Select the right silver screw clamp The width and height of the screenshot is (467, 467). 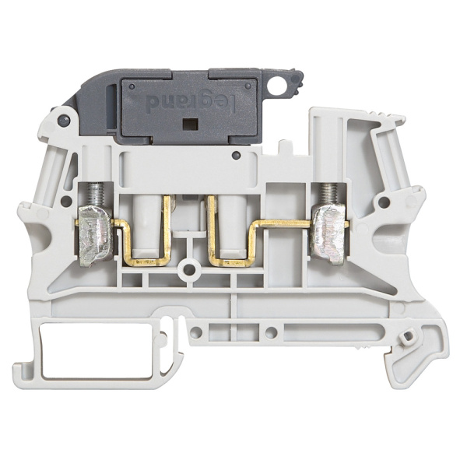click(x=328, y=237)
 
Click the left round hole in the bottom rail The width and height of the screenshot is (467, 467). click(x=195, y=332)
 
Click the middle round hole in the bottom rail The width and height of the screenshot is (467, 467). click(x=269, y=332)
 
